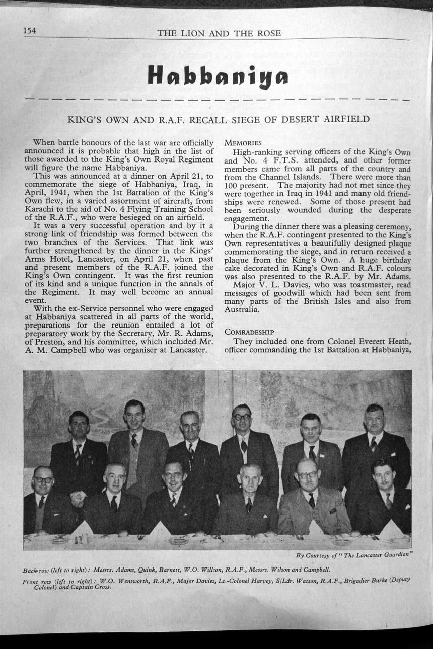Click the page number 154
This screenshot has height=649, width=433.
coord(30,31)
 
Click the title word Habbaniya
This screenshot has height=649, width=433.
coord(218,74)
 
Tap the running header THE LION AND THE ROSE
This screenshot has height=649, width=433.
coord(219,34)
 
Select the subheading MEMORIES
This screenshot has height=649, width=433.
coord(243,143)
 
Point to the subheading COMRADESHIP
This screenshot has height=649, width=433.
coord(249,332)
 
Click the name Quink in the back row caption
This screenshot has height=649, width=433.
coord(149,570)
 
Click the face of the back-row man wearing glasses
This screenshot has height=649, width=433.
coord(242,418)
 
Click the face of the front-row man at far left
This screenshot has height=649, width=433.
coord(43,478)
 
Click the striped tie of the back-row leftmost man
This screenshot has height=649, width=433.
coord(78,454)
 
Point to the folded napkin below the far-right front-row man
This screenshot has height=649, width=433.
coord(392,529)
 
